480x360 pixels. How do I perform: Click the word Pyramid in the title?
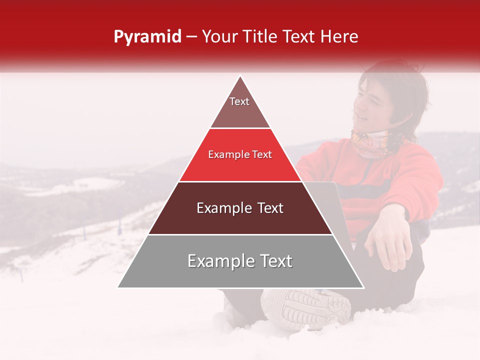[x=147, y=37]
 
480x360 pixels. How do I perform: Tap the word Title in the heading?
[x=259, y=36]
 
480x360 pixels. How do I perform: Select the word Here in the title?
[x=339, y=36]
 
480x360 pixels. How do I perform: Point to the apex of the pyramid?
[x=240, y=76]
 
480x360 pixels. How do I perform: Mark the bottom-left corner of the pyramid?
[x=117, y=287]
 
